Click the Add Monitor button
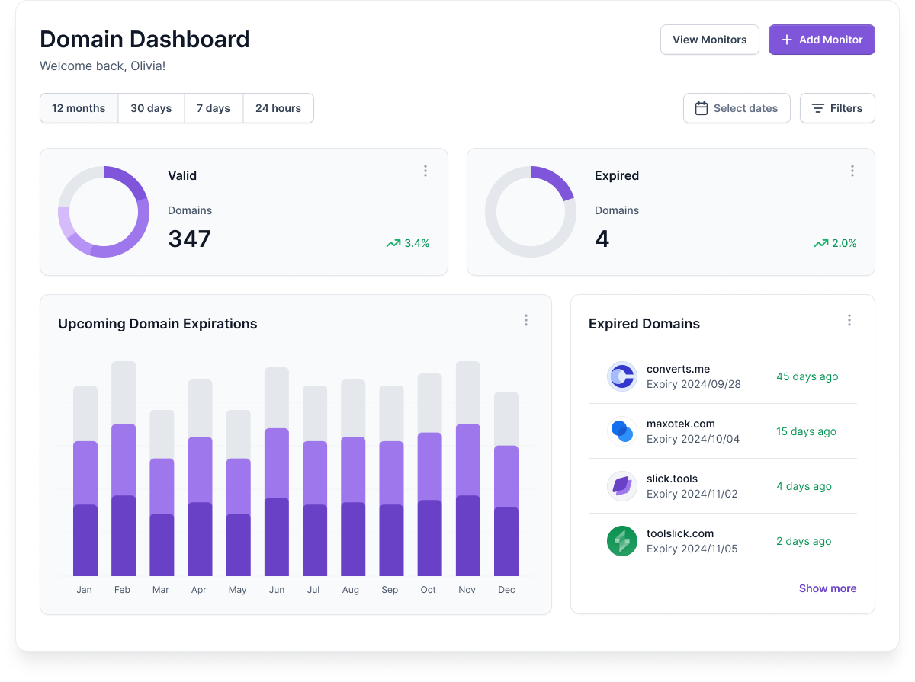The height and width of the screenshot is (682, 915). tap(821, 40)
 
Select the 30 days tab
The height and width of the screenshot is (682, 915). tap(151, 108)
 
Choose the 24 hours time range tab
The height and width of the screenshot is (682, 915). tap(278, 108)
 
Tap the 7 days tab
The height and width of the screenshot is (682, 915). tap(213, 108)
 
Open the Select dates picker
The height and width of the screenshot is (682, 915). tap(737, 108)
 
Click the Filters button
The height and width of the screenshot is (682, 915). tap(836, 108)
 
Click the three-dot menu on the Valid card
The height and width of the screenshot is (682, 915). tap(425, 171)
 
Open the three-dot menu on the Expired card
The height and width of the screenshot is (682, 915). tap(852, 171)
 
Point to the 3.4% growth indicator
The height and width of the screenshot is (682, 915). tap(408, 243)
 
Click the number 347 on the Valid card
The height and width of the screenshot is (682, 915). tap(189, 239)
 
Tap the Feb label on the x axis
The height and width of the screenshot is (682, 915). tap(122, 590)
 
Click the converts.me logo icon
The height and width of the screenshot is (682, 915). tap(622, 376)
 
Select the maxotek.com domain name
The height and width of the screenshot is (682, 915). tap(680, 424)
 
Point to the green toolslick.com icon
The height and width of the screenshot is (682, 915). tap(622, 541)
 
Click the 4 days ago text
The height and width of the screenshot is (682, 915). tap(804, 486)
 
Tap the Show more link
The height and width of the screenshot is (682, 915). tap(827, 588)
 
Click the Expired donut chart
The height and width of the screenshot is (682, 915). tap(531, 212)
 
